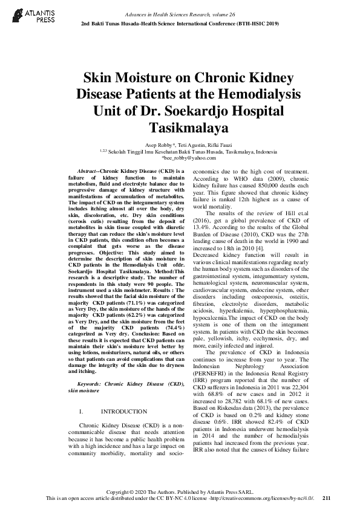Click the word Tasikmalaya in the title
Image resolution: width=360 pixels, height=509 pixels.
click(180, 128)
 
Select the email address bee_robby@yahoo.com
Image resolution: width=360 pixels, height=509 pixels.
click(180, 158)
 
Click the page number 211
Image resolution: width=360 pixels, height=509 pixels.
click(327, 498)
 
